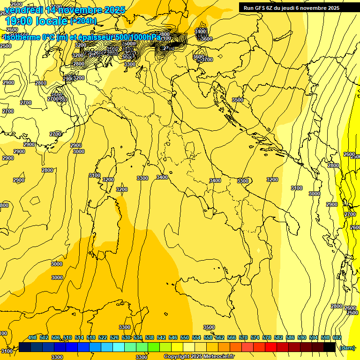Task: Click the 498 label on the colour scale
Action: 32,337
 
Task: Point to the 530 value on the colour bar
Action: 126,337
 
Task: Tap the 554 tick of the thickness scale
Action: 196,337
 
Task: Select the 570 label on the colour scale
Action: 243,337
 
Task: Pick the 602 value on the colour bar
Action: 337,337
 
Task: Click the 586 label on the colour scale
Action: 290,337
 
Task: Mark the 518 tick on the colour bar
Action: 91,337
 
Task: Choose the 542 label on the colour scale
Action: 161,337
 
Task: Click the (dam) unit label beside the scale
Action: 347,347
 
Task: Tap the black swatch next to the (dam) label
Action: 330,347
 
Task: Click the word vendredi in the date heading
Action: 24,10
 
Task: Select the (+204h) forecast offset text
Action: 83,21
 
